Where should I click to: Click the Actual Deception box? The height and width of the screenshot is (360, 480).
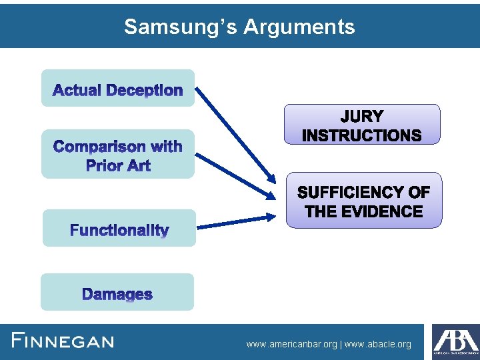[118, 89]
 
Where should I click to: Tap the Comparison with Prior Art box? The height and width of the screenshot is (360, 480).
[118, 155]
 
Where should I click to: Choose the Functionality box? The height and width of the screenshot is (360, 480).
[119, 229]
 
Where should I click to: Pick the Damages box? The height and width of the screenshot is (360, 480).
[117, 293]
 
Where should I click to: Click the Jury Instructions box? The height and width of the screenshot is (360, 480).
[362, 125]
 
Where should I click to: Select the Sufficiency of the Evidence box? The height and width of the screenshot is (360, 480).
[364, 201]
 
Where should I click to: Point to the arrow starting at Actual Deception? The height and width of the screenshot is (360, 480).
[237, 133]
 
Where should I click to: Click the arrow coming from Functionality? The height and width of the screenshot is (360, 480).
[237, 221]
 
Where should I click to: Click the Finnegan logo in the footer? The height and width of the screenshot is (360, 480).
[63, 341]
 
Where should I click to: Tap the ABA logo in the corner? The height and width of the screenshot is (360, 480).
[455, 341]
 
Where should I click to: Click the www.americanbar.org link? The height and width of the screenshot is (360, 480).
[292, 345]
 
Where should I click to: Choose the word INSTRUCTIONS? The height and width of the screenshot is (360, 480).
[362, 135]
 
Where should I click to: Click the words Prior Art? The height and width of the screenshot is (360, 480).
[118, 165]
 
